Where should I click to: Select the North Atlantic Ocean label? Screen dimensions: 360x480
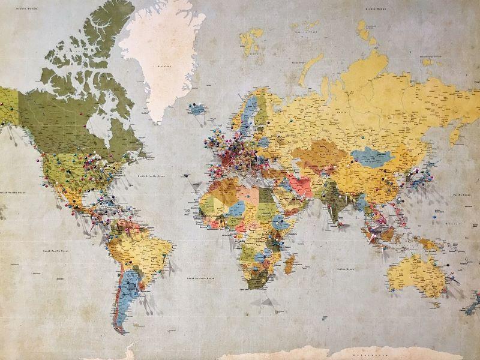tap(151, 176)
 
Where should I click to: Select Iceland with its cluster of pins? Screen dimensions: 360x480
tap(197, 109)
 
